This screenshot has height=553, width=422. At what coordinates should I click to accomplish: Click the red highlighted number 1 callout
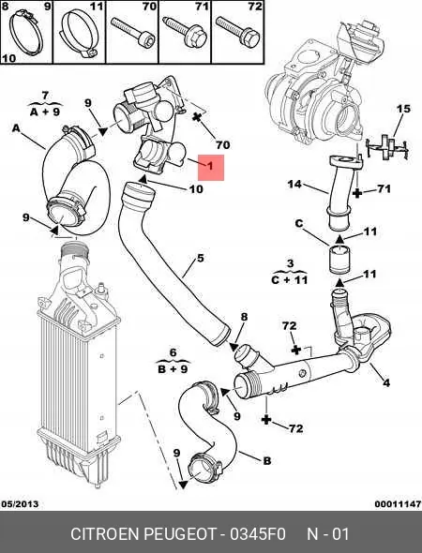coord(212,169)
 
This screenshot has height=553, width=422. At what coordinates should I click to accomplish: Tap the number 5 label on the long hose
coord(199,259)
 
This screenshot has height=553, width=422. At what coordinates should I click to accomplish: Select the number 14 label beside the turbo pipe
coord(294,185)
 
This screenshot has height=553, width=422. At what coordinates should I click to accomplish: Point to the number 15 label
coord(402,110)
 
